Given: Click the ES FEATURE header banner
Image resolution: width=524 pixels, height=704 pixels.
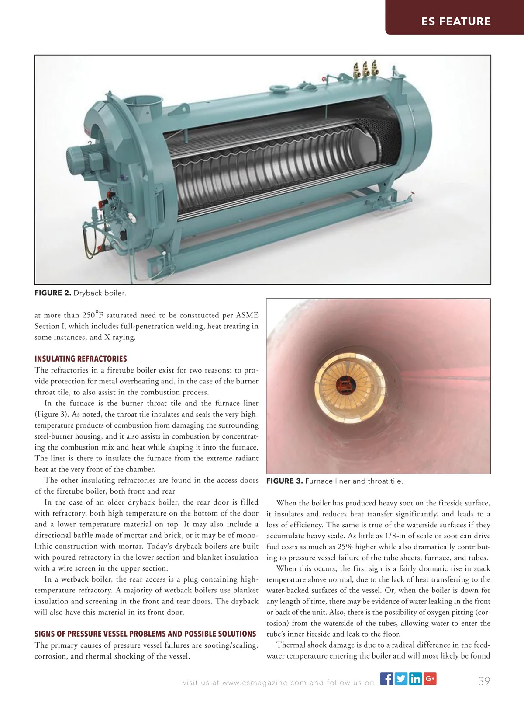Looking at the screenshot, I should [x=456, y=21].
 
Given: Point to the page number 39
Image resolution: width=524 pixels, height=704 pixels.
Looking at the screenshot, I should [x=484, y=681].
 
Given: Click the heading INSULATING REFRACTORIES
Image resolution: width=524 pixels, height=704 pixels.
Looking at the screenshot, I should [x=81, y=359].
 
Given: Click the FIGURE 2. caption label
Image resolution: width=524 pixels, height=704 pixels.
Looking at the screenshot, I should [x=53, y=293].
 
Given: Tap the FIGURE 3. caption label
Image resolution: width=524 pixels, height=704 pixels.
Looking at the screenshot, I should [x=284, y=481].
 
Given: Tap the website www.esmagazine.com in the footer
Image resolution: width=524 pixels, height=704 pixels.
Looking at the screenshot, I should [x=264, y=683].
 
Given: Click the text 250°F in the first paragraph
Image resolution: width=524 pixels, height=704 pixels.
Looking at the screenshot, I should [x=92, y=315].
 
